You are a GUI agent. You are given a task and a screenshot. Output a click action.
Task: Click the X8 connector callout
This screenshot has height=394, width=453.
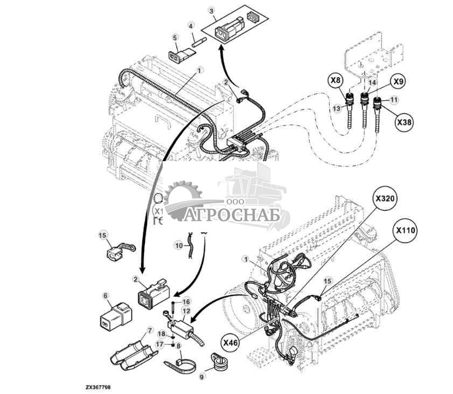coord(335,81)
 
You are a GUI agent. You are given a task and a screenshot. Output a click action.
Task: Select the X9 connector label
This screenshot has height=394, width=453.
coord(397,82)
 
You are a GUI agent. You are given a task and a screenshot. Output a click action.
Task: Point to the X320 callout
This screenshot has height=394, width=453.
coord(385,198)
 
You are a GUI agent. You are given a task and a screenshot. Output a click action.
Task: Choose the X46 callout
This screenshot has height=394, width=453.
coord(231,341)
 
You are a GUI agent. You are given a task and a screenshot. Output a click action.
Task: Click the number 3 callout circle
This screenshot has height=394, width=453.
coord(211,11)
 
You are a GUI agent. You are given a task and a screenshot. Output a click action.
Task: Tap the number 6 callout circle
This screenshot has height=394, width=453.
coord(106,295)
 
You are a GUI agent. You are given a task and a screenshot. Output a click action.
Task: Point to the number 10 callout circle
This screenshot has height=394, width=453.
coord(178,245)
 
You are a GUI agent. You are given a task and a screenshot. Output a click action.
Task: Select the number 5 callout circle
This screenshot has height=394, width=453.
coord(175,37)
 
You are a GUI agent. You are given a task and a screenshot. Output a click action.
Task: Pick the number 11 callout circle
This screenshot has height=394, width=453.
coord(394,100)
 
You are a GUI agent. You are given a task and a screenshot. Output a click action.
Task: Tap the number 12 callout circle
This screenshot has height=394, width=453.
coord(186,311)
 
